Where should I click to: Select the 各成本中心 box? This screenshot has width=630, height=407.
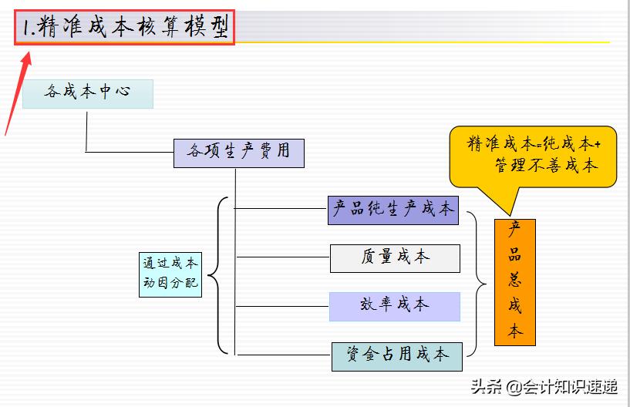tap(87, 93)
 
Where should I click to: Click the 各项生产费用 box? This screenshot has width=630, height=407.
tap(238, 153)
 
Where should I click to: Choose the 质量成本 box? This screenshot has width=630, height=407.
tap(395, 258)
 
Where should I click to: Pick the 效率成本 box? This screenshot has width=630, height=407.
tap(394, 306)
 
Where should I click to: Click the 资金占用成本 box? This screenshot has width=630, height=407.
tap(397, 356)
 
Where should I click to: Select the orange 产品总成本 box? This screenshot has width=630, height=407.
tap(514, 282)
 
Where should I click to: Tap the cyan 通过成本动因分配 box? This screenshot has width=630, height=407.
tap(170, 274)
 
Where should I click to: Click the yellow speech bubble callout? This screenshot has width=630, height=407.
tap(533, 156)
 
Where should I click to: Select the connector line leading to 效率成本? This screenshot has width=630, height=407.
tap(282, 306)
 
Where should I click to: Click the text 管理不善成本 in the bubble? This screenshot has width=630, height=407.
tap(546, 166)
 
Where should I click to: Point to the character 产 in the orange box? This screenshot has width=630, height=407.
tap(514, 230)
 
